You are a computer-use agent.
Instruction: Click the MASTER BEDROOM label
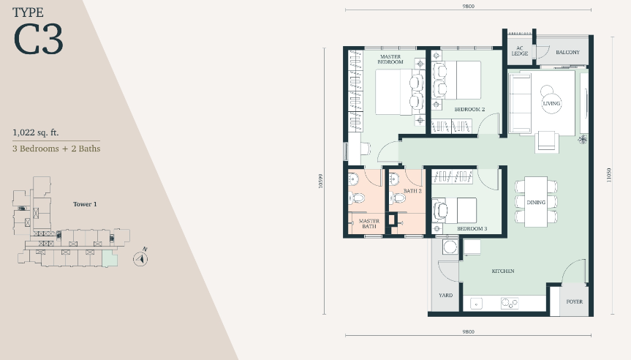tap(390, 59)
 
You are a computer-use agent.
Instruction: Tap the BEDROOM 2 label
tap(469, 109)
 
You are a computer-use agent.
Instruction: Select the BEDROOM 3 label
tap(472, 228)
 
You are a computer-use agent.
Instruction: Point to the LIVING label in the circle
tap(551, 103)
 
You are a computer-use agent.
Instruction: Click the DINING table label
tap(536, 202)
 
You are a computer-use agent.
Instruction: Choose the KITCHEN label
tap(503, 271)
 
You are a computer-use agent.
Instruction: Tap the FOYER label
tap(574, 301)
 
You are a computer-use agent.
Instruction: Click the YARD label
tap(445, 295)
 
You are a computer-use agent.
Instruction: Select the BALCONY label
tap(567, 52)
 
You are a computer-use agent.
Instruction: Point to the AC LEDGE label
tap(520, 50)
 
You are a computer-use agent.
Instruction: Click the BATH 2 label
tap(412, 191)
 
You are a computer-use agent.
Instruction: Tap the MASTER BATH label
tap(369, 223)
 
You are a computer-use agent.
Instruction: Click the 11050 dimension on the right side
tap(609, 175)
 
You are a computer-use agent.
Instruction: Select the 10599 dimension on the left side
tap(320, 181)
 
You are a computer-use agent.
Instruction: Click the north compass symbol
tap(140, 258)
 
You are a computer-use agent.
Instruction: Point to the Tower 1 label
tap(85, 204)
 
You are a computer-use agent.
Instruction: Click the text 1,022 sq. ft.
tap(35, 132)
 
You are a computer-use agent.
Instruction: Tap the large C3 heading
tap(38, 39)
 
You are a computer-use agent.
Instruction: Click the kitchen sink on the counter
tap(476, 303)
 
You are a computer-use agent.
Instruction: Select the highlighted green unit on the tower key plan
tap(110, 258)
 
